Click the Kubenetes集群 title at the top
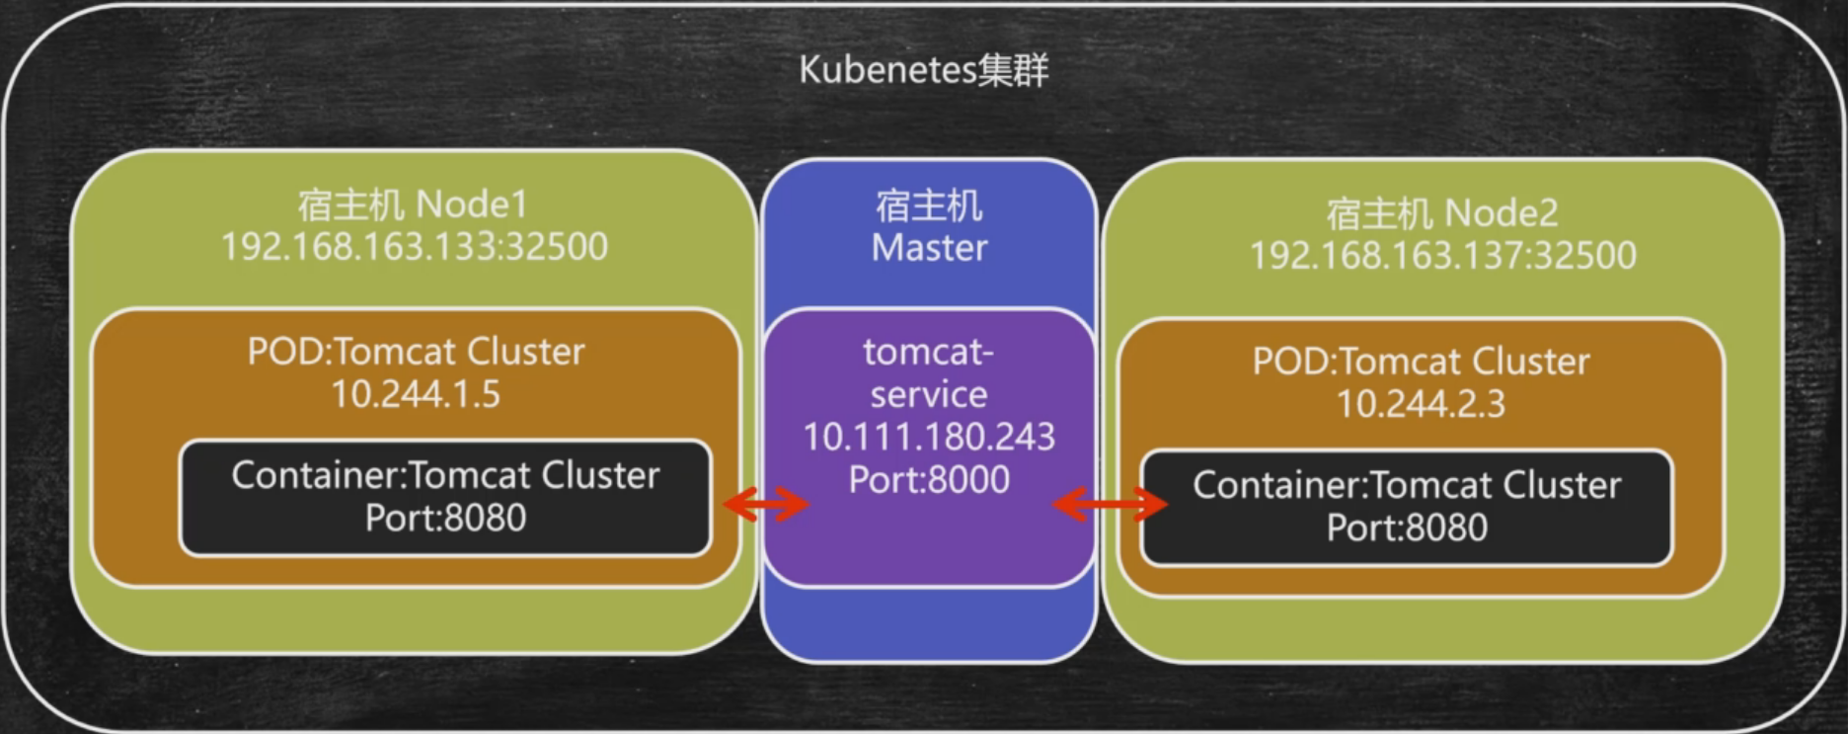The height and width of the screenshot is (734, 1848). [923, 70]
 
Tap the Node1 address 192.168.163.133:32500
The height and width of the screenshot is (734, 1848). [414, 247]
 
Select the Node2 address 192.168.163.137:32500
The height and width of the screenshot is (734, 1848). [1442, 256]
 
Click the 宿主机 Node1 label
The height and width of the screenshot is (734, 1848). [414, 204]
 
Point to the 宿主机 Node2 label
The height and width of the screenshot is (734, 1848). [1442, 213]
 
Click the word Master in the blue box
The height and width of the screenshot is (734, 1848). [929, 248]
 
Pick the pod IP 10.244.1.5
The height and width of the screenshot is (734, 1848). [416, 394]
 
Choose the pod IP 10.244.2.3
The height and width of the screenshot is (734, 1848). [1421, 404]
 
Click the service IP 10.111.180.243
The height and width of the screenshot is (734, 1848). [929, 437]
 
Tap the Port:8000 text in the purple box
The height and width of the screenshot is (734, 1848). [929, 480]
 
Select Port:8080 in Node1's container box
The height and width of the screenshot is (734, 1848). [445, 518]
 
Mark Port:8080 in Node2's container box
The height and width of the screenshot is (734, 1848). [1407, 528]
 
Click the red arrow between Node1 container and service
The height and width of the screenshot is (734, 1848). [767, 505]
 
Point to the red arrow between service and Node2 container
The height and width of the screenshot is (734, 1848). [1110, 505]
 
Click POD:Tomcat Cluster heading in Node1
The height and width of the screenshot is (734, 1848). [416, 352]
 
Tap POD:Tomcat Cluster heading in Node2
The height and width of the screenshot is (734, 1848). [1421, 362]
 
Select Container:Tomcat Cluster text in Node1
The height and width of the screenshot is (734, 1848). [445, 475]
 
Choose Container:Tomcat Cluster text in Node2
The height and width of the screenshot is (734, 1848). [1407, 485]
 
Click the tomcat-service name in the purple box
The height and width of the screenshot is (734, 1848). [929, 373]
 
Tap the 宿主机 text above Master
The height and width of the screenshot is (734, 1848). [929, 205]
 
